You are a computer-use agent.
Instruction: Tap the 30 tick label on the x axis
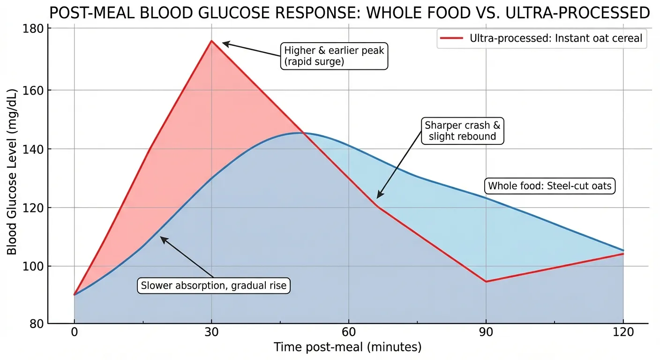click(x=211, y=333)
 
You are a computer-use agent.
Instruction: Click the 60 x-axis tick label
click(x=348, y=333)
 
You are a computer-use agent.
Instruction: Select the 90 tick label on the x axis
click(x=486, y=333)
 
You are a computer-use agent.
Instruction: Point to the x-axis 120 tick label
click(x=623, y=333)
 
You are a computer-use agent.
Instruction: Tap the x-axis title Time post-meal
click(x=347, y=347)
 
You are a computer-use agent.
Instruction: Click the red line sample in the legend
click(x=451, y=38)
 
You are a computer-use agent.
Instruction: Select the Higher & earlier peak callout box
click(x=334, y=56)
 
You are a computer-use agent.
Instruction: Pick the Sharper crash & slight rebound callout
click(x=463, y=131)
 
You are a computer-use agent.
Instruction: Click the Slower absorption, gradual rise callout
click(x=214, y=285)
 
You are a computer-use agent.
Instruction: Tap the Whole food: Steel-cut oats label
click(x=550, y=186)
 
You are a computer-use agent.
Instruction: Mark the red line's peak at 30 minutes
click(x=212, y=41)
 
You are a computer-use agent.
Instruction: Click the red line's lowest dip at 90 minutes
click(x=486, y=281)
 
